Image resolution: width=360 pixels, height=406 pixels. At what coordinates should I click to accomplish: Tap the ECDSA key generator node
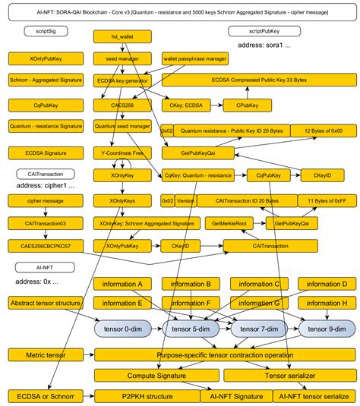[x=122, y=80]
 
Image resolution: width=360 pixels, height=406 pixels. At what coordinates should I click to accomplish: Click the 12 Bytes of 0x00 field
[x=324, y=131]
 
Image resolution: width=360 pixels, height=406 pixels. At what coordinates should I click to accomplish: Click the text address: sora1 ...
[x=264, y=46]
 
